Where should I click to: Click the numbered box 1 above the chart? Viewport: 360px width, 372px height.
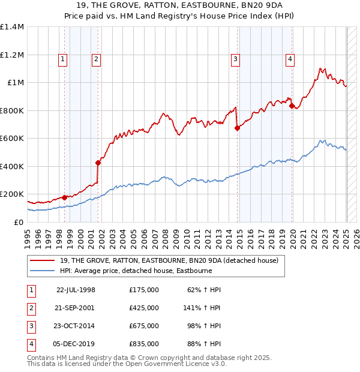[x=63, y=59]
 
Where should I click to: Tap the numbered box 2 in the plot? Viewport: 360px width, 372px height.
[x=96, y=59]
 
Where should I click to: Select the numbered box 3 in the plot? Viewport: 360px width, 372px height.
[x=236, y=59]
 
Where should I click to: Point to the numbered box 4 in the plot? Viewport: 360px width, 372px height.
[x=290, y=59]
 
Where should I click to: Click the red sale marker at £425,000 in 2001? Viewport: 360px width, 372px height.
[x=98, y=163]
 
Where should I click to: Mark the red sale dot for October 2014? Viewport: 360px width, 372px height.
[x=237, y=128]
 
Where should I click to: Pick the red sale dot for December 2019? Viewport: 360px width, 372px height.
[x=292, y=106]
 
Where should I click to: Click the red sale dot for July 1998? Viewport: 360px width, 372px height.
[x=65, y=197]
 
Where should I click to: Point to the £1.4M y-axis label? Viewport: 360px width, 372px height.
[x=12, y=27]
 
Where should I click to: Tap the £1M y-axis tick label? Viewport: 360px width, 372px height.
[x=14, y=83]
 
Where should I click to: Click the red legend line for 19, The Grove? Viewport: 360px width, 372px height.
[x=43, y=261]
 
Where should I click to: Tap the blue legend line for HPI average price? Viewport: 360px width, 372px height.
[x=43, y=271]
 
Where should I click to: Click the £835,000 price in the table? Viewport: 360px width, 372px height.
[x=144, y=344]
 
